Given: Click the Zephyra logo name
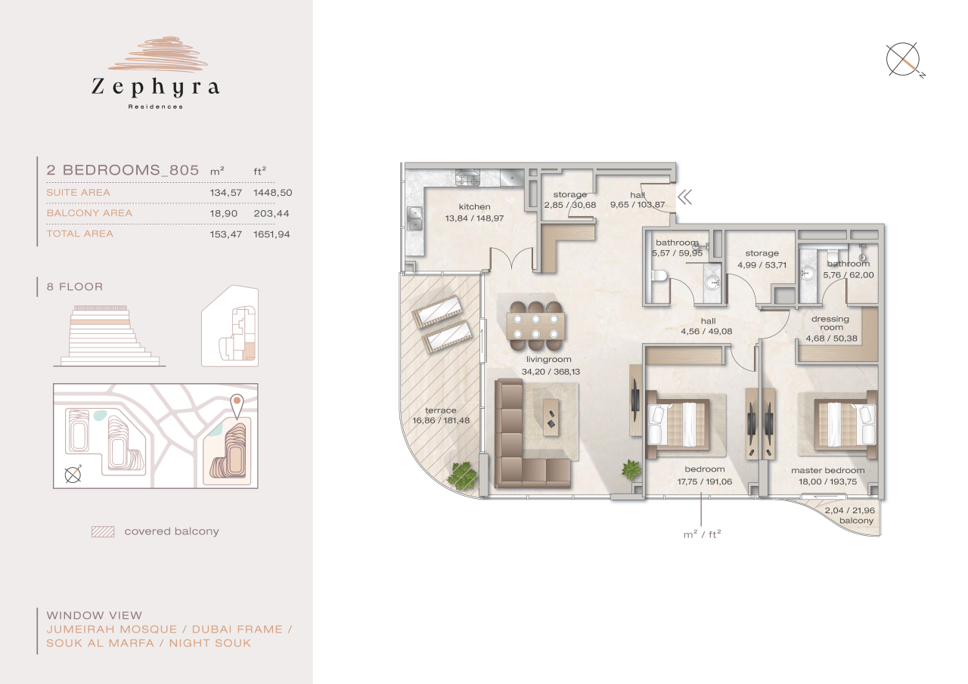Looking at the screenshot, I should (x=156, y=88).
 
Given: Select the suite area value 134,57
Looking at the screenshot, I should (x=225, y=193).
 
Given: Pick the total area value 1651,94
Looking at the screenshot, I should (x=272, y=234).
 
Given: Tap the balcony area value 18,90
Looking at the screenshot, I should (x=225, y=213).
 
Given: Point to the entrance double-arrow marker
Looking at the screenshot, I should (x=685, y=198).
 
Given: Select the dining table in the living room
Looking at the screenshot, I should (x=536, y=323).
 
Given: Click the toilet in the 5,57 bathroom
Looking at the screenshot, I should (x=658, y=280).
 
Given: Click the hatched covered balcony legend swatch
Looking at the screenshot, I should (x=102, y=531).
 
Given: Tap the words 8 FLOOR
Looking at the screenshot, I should (x=75, y=287).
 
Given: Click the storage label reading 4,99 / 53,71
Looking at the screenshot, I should (x=761, y=258).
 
